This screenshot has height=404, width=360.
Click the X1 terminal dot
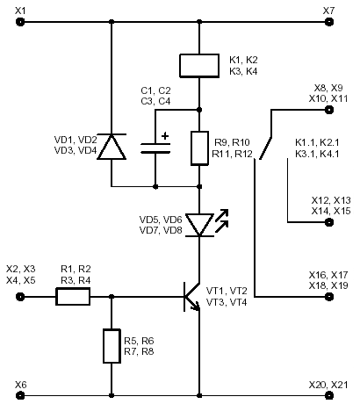[20, 22]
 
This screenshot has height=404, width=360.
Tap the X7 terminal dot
[329, 22]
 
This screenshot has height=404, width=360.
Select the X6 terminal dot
[20, 395]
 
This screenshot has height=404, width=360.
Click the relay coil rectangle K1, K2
[199, 66]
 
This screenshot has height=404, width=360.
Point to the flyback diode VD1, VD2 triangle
[112, 147]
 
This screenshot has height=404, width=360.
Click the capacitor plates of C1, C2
[155, 148]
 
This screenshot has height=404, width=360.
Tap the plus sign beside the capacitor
[165, 136]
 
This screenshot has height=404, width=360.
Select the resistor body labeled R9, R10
[199, 148]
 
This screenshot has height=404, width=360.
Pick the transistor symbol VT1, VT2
[191, 297]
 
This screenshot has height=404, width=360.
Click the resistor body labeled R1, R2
[73, 297]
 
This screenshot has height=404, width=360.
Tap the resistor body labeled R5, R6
[112, 346]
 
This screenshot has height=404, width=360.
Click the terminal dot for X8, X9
[329, 110]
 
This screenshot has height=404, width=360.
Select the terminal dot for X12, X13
[329, 222]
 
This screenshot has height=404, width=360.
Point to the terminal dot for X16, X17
[329, 297]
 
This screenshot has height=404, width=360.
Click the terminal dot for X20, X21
[329, 395]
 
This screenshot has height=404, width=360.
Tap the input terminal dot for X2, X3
[20, 297]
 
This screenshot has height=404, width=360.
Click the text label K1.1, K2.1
[317, 142]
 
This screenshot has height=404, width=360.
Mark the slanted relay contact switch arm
[265, 148]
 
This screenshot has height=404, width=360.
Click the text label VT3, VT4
[227, 302]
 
